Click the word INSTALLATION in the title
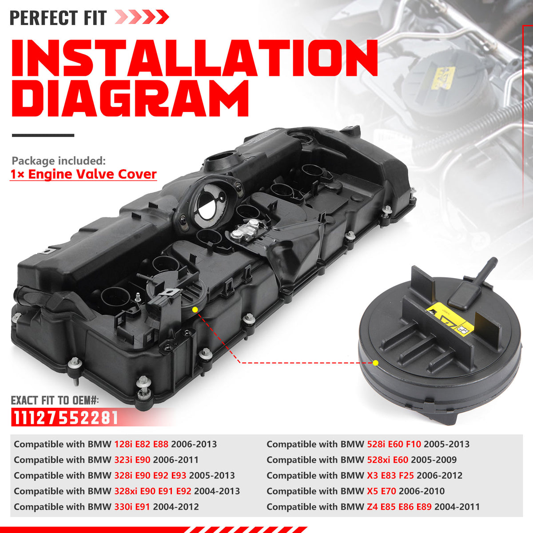[x=194, y=60]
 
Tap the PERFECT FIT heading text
[x=58, y=18]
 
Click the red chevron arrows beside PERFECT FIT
[x=142, y=18]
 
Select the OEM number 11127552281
[x=65, y=418]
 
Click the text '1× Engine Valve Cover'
[x=84, y=174]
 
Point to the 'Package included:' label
[x=59, y=161]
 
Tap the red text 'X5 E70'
[x=382, y=491]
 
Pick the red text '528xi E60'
[x=388, y=460]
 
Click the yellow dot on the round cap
[x=376, y=363]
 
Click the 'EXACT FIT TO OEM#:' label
[x=55, y=400]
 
